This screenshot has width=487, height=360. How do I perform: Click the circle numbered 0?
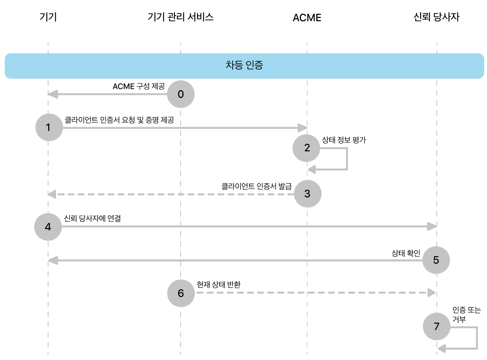(181, 94)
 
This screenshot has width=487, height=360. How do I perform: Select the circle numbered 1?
(49, 127)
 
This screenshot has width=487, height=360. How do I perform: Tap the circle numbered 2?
(306, 148)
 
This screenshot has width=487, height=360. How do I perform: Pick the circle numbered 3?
(308, 194)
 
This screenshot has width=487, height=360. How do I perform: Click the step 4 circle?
(48, 227)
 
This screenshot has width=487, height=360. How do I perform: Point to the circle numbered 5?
(436, 260)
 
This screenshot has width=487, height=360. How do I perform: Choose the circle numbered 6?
(181, 293)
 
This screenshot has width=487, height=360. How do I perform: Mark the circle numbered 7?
(437, 326)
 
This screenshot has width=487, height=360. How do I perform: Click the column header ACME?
(307, 18)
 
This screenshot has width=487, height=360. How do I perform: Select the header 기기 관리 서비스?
(181, 17)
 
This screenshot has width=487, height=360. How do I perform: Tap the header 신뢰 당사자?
(436, 17)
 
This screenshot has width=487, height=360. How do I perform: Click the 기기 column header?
(48, 17)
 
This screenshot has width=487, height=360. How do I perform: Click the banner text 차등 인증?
(244, 65)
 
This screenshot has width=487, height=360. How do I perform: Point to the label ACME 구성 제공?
(139, 86)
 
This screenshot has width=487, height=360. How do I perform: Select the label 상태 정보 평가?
(344, 140)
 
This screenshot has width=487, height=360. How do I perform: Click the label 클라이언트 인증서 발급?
(256, 186)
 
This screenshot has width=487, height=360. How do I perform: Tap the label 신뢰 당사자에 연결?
(92, 219)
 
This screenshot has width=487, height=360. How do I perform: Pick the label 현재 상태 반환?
(219, 285)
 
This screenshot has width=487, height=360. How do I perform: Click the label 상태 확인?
(406, 253)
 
